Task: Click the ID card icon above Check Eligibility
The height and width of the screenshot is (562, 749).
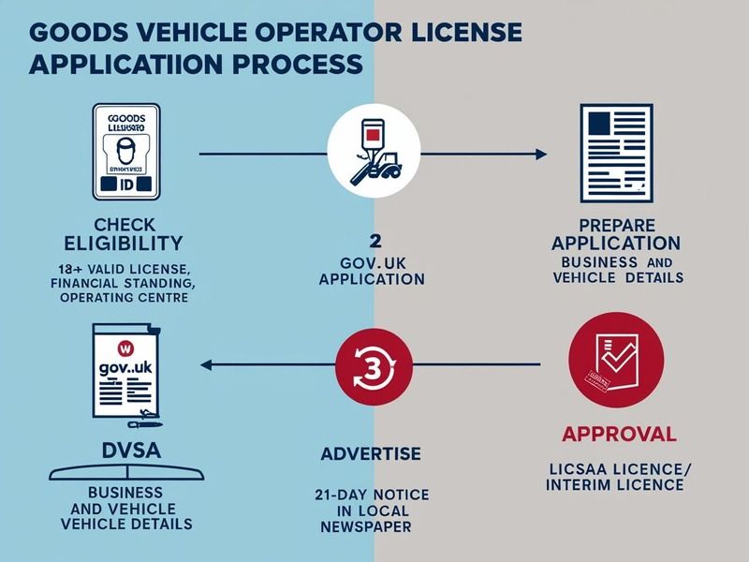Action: pos(127,152)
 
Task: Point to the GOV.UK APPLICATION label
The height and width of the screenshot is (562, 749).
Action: pos(372,270)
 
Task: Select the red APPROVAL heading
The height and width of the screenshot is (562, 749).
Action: pos(618,434)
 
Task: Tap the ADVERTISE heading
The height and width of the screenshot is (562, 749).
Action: pos(372,454)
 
